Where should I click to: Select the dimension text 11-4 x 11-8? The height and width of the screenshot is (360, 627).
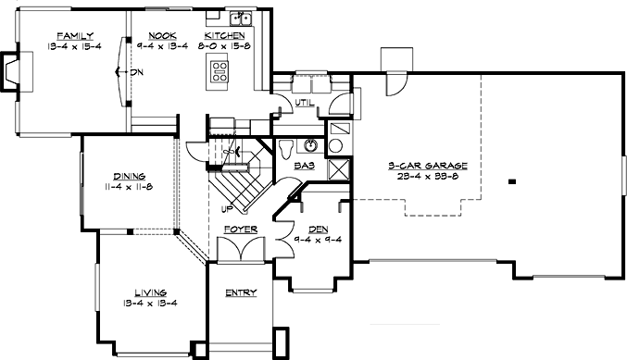128,185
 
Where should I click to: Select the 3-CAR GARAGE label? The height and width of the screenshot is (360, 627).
428,167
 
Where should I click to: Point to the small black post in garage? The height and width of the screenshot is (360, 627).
510,182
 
